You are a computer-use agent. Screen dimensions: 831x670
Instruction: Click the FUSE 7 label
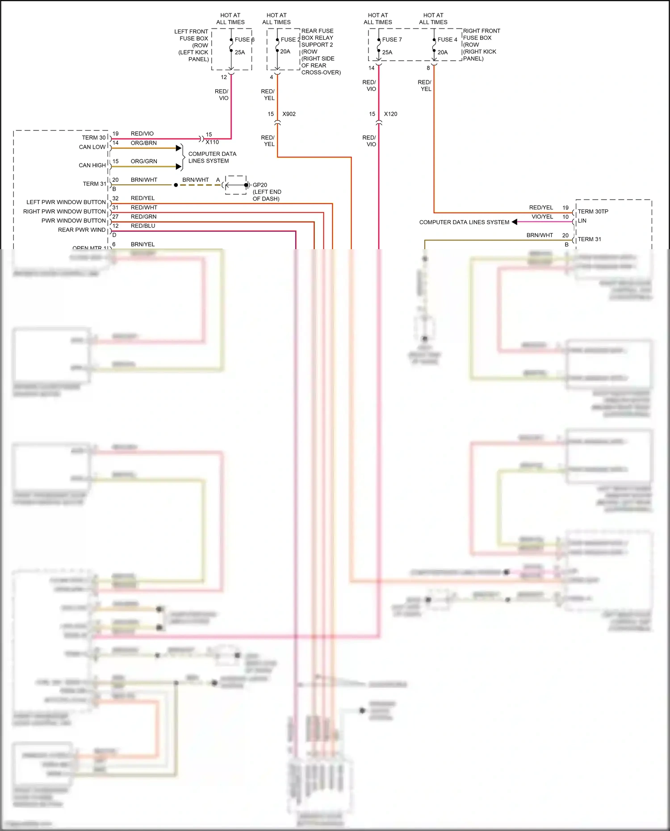[x=392, y=40]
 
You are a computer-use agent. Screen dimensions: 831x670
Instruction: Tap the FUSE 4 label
[x=447, y=40]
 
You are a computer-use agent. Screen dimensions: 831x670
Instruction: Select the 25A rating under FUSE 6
[x=240, y=52]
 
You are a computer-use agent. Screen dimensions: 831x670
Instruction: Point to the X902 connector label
[x=289, y=114]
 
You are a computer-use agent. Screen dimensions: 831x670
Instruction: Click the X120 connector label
[x=390, y=114]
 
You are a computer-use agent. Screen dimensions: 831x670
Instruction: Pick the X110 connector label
[x=212, y=142]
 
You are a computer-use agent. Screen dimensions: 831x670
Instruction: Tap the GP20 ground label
[x=260, y=185]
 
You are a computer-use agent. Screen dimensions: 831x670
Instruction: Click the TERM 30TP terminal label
[x=593, y=212]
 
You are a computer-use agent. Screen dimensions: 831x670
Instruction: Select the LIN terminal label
[x=582, y=221]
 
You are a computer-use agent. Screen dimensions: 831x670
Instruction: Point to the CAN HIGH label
[x=92, y=165]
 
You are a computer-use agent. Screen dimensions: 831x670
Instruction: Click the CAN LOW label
[x=92, y=147]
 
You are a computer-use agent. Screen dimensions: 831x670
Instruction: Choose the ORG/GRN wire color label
[x=144, y=161]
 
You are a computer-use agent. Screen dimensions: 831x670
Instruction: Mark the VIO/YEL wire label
[x=542, y=217]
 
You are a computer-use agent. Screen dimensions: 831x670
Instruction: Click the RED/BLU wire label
[x=143, y=226]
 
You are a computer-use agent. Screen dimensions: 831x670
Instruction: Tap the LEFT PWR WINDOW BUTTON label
[x=66, y=202]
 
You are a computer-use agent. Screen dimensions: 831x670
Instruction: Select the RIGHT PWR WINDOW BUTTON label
[x=64, y=212]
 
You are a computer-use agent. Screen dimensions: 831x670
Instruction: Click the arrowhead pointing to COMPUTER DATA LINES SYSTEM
[x=515, y=222]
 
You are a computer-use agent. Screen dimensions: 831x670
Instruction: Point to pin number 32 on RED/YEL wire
[x=115, y=198]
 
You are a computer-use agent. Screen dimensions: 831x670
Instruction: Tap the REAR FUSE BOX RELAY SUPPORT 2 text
[x=317, y=38]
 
